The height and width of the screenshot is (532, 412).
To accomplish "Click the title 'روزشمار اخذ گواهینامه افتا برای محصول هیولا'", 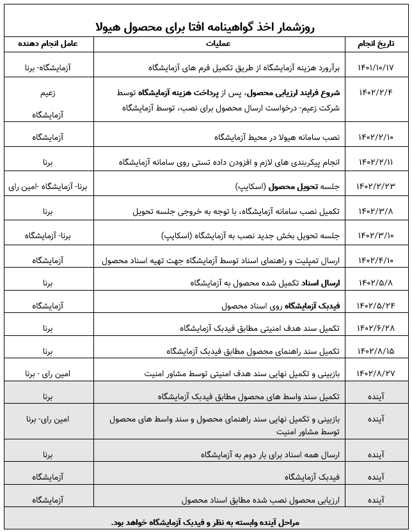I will [x=206, y=28].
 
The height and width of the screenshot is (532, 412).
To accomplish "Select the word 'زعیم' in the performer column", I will [x=47, y=93].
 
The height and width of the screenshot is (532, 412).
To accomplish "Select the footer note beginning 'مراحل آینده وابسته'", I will [x=206, y=522].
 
